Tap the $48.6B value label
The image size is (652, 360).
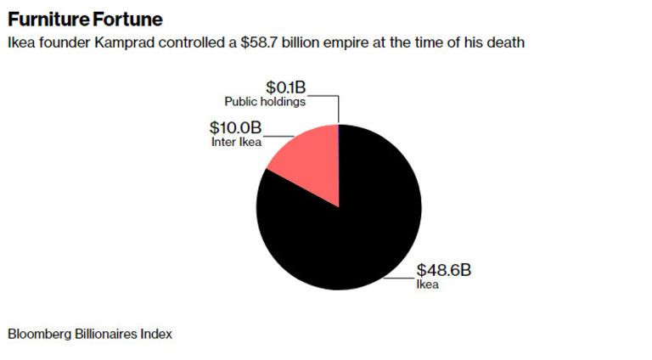(442, 270)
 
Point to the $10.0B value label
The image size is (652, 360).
(235, 127)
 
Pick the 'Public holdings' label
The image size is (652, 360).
(265, 102)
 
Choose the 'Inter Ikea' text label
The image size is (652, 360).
(236, 142)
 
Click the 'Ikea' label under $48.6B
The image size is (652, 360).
(427, 285)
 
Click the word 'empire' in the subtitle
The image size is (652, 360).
(338, 42)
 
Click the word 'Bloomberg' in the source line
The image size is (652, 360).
(38, 334)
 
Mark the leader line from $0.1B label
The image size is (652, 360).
(338, 109)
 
